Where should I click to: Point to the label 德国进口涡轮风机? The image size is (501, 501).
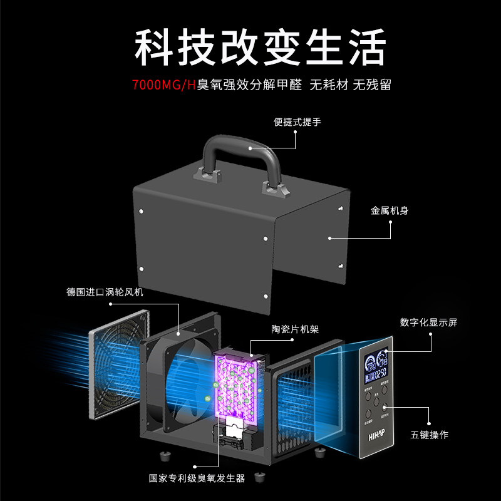105,292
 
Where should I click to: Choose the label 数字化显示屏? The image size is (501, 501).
429,323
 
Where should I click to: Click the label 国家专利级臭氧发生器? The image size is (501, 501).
197,478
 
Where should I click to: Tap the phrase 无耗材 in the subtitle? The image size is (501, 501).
329,85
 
